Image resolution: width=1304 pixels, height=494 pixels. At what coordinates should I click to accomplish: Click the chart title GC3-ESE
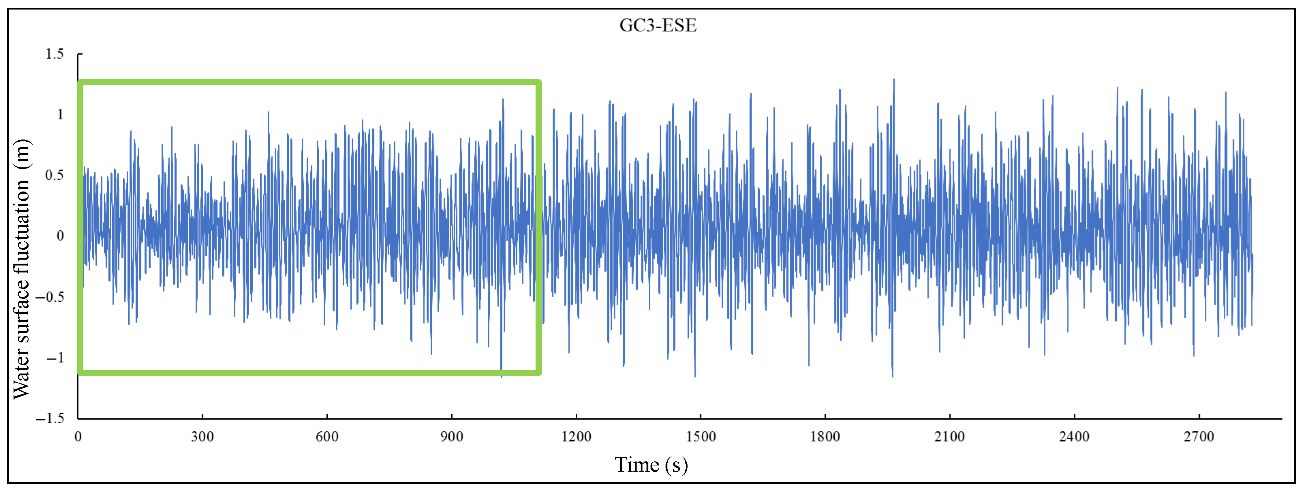pos(657,25)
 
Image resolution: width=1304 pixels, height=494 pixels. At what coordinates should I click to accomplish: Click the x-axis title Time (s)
pos(651,465)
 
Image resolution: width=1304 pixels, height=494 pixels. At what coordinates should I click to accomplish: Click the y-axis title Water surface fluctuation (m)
pos(22,269)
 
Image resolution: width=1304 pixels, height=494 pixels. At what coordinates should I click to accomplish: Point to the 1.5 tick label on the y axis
pos(55,54)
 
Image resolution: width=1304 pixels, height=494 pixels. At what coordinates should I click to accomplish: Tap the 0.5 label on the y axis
pos(55,175)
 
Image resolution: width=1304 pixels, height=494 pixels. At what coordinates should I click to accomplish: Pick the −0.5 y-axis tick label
pos(51,297)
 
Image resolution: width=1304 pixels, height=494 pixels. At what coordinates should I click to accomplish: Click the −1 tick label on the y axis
pos(56,358)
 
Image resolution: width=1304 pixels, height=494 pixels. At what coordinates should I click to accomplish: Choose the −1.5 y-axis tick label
pos(51,418)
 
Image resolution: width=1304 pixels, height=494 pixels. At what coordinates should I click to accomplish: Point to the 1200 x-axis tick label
pos(576,436)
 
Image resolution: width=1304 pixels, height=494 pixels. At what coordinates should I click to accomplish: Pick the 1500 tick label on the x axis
pos(701,436)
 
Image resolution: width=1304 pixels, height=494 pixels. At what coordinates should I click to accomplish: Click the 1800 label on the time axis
pos(825,436)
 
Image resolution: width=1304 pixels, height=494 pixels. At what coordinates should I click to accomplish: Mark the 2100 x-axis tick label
pos(950,436)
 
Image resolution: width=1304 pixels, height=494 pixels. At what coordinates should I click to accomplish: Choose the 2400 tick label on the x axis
pos(1074,436)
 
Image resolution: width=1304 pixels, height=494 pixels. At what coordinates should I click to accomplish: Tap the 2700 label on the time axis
pos(1199,436)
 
